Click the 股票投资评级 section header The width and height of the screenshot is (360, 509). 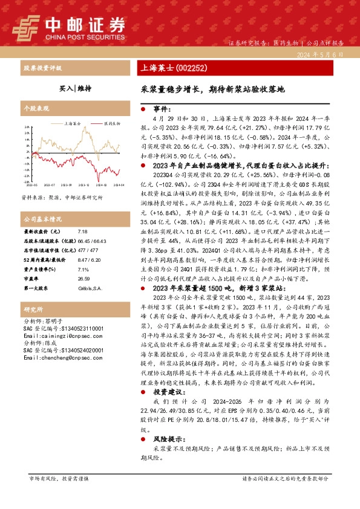click(x=42, y=68)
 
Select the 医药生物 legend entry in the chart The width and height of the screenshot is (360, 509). click(x=111, y=123)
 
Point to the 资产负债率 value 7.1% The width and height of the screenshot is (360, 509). click(x=83, y=253)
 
